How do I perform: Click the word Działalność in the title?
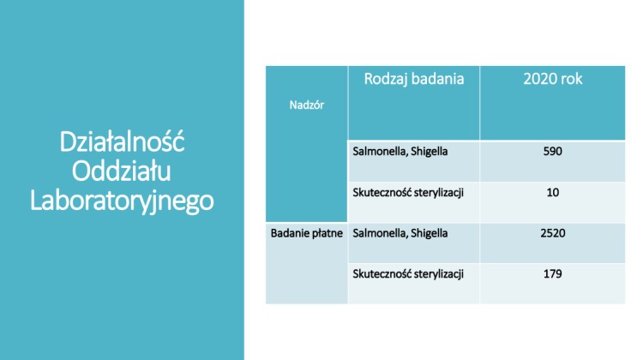click(x=123, y=141)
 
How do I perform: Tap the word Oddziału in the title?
click(x=122, y=171)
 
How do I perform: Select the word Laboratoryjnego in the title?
click(x=122, y=201)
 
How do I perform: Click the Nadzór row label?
click(x=307, y=105)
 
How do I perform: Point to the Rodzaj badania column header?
click(x=414, y=79)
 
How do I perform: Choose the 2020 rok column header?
click(x=552, y=79)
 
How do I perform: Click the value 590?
click(x=552, y=152)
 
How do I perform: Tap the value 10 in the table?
click(x=552, y=192)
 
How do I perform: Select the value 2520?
click(x=553, y=233)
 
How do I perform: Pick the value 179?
click(x=552, y=273)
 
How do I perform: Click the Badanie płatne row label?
click(x=307, y=233)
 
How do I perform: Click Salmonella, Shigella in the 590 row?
click(x=400, y=152)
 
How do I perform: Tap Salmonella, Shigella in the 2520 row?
click(x=400, y=234)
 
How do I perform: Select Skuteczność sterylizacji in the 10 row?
click(x=408, y=193)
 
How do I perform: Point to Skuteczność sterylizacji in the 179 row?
click(x=408, y=274)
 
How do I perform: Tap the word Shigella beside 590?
click(x=430, y=152)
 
